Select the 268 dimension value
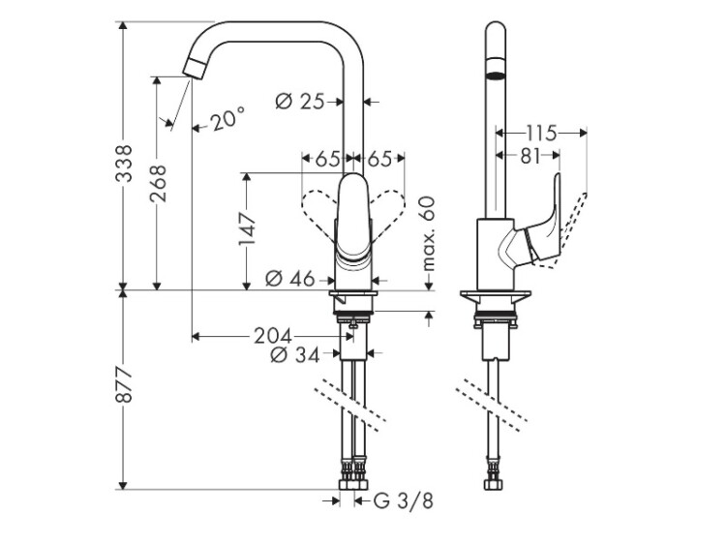coord(158,184)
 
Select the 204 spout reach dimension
coord(272,336)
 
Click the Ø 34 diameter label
coord(296,356)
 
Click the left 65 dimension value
coord(327,159)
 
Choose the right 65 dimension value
coord(378,159)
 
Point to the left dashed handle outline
coord(318,213)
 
